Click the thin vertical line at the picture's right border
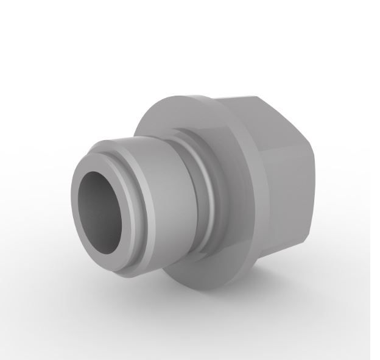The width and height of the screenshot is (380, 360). coord(370,183)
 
